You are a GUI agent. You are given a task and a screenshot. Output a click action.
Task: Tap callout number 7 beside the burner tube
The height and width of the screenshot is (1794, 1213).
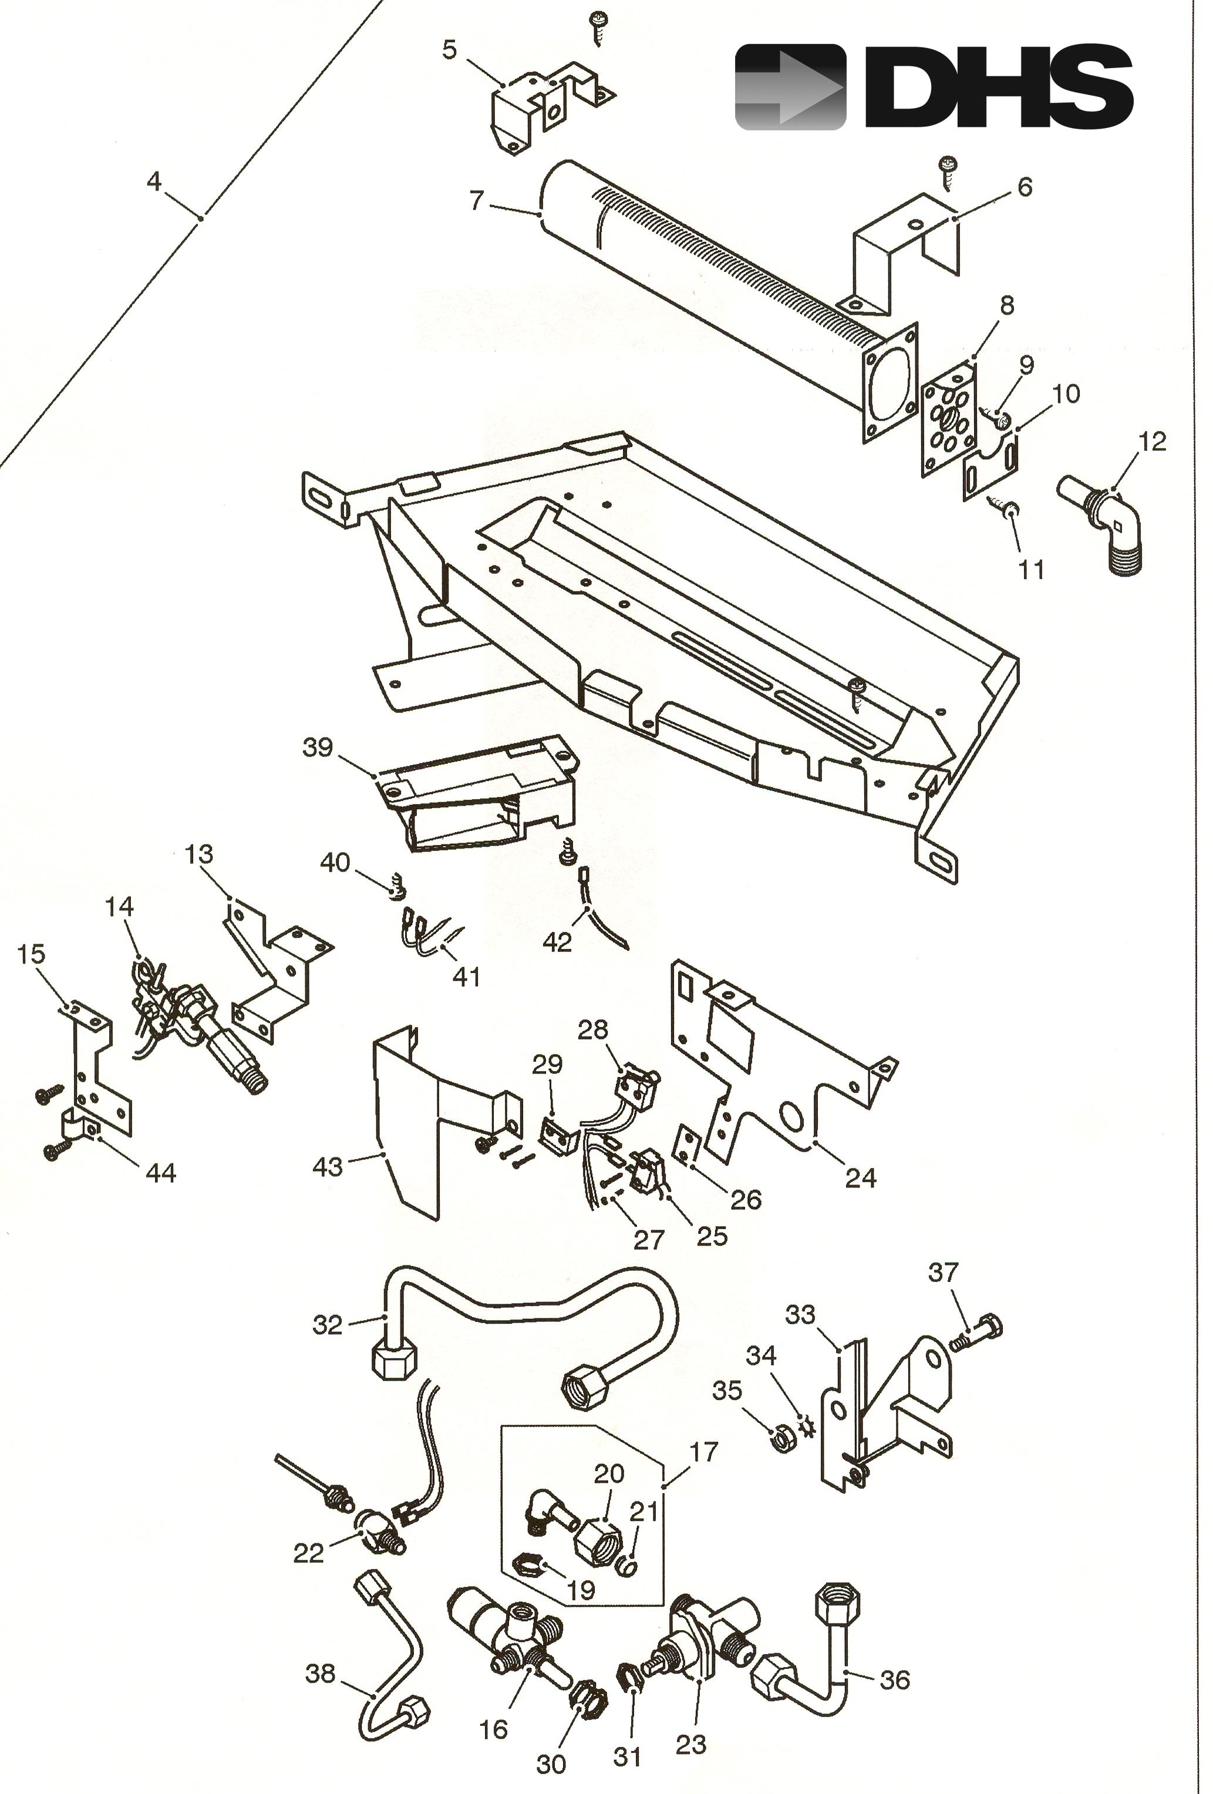(476, 201)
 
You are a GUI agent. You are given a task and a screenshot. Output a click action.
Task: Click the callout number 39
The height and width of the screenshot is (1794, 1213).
(317, 747)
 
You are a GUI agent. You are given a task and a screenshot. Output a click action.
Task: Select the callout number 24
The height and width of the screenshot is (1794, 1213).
(860, 1178)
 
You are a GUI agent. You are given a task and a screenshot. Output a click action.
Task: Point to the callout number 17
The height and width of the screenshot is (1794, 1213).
(703, 1452)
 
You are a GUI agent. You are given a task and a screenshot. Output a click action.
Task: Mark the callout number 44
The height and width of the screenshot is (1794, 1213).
(160, 1173)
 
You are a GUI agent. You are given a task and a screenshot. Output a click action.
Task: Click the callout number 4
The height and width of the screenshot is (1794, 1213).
(154, 181)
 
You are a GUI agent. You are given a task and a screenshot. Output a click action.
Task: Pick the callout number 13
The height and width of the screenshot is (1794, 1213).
(198, 854)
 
